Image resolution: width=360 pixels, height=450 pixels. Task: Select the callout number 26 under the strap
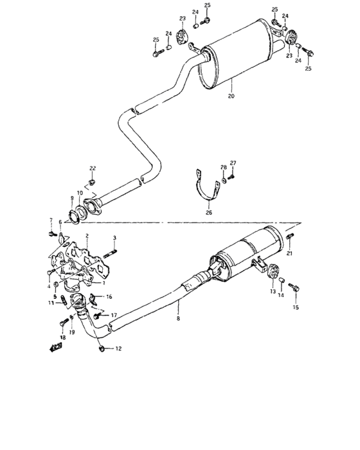208,211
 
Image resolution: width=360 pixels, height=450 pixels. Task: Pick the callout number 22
93,168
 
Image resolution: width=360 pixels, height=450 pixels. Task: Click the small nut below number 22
93,181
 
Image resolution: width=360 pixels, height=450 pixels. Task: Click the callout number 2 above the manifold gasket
86,237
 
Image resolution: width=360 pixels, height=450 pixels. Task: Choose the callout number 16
109,296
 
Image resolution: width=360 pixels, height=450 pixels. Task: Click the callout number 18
63,337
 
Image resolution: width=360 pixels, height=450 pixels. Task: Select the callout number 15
296,308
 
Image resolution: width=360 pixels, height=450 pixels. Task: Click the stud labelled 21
289,242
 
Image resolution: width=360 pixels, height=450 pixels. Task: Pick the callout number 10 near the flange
79,193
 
